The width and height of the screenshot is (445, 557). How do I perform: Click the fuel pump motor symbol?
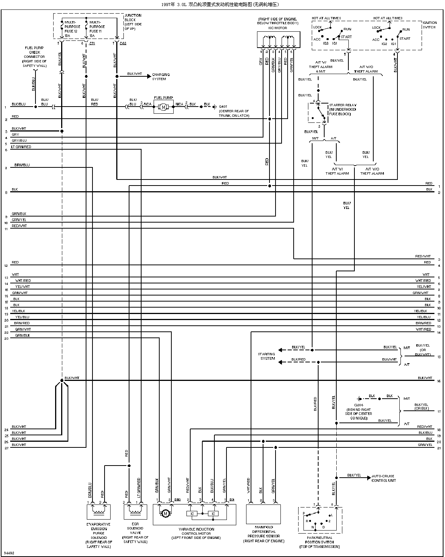pos(163,107)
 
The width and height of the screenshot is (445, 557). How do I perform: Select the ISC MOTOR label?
pos(277,28)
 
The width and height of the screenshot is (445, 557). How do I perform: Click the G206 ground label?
pos(360,409)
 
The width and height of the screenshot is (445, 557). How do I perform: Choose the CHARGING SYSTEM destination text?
pos(161,77)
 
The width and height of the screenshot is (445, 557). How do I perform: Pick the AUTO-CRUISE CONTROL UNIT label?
pos(384,478)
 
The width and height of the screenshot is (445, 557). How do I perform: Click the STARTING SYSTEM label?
pos(267,356)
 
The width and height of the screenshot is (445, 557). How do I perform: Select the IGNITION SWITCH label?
pos(429,25)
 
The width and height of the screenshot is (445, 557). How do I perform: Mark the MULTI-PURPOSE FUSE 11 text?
pos(97,29)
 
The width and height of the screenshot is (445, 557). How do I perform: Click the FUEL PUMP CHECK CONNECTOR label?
pos(34,57)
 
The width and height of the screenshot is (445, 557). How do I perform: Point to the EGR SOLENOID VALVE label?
pos(136,533)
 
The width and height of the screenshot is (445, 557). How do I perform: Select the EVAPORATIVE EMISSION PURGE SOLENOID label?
pos(99,535)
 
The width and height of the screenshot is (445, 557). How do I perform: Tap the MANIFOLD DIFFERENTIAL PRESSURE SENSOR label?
pos(263,534)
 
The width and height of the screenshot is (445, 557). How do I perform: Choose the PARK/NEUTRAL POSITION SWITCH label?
pos(319,542)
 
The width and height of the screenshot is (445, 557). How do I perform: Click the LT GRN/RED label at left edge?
pos(21,147)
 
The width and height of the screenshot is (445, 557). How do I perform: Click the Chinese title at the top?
pos(222,5)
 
